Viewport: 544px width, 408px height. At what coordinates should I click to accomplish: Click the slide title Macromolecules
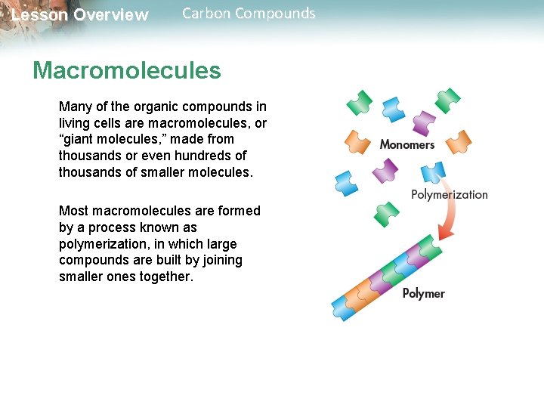point(126,71)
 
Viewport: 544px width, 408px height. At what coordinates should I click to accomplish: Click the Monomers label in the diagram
point(406,144)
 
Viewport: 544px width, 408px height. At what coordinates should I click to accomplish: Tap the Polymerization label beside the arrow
point(449,195)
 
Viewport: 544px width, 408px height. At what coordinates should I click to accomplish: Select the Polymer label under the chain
point(423,293)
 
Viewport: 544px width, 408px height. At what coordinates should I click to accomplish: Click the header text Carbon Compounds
point(249,14)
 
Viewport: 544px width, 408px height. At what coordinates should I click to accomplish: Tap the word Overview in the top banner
point(111,15)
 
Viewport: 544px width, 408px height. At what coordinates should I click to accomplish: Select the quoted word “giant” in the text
point(79,139)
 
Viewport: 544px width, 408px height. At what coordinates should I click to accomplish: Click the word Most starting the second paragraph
point(73,211)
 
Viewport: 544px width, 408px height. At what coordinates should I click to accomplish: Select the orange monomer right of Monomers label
point(459,141)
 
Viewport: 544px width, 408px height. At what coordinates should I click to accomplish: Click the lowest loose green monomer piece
point(387,214)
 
